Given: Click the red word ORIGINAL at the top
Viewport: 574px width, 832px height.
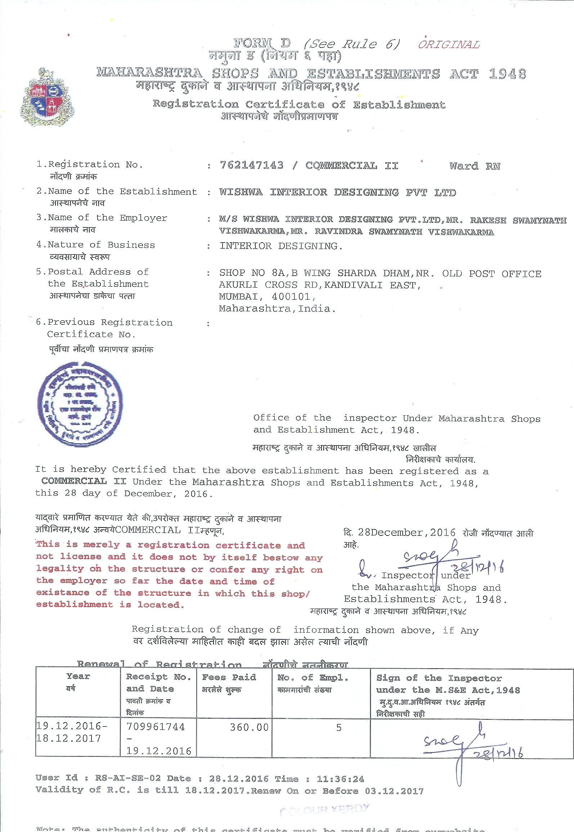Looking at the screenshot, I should (449, 45).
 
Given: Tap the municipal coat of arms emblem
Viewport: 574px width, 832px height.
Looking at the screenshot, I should (47, 98).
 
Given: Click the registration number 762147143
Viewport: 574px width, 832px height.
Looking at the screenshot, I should (251, 165).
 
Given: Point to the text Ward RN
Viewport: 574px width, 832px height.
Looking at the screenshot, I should (475, 166).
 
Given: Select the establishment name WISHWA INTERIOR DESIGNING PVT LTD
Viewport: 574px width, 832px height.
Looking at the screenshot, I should (337, 192).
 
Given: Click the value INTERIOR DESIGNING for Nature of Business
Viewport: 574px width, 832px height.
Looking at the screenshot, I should (281, 246).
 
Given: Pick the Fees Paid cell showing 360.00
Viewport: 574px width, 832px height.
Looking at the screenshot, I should (249, 728).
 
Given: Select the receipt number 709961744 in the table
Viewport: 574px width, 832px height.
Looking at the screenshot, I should (156, 727).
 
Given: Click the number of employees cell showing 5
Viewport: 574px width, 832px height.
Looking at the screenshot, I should (338, 728).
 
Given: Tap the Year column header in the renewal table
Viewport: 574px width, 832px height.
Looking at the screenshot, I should (78, 677).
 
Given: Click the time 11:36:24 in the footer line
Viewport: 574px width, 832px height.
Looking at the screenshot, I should (340, 779).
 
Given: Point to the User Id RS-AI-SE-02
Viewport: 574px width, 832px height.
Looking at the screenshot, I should (128, 778).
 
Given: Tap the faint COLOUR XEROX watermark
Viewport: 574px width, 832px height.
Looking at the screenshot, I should (324, 810).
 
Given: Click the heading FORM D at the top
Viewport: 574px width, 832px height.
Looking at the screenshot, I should (262, 43).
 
